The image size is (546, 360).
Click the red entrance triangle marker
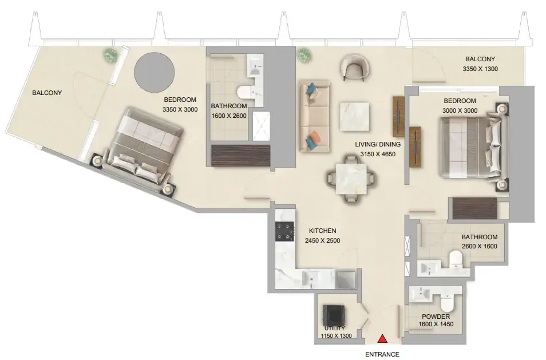click(383, 338)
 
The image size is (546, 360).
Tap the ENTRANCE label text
click(382, 354)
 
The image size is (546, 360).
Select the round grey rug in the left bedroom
click(155, 72)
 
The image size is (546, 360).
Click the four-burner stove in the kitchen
click(285, 232)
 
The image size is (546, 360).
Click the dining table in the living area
click(352, 179)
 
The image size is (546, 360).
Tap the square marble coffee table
click(354, 116)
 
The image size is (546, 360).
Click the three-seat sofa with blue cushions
click(314, 116)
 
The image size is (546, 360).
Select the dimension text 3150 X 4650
click(378, 154)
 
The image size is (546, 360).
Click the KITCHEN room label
click(322, 231)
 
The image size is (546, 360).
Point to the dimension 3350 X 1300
click(480, 69)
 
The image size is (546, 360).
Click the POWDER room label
click(436, 317)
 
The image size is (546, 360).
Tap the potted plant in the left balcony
click(110, 54)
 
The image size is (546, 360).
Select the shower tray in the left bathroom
click(262, 126)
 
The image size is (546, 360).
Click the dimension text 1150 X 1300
click(336, 336)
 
